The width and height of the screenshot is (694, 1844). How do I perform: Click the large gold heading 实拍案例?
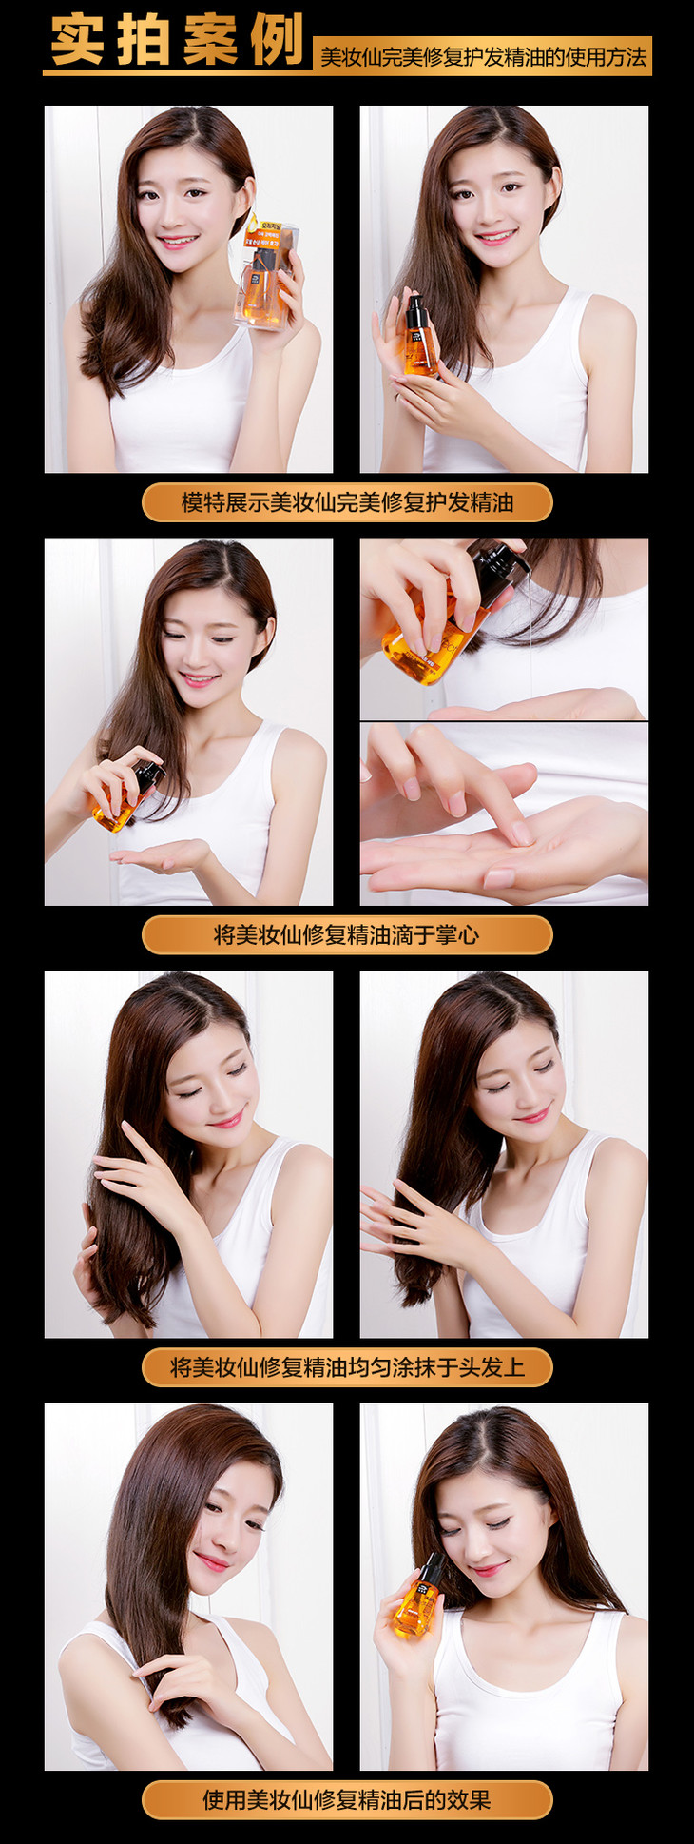[177, 40]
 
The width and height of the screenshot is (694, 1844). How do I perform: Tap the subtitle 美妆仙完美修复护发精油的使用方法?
[483, 57]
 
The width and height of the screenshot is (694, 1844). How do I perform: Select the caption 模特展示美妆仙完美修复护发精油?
[347, 501]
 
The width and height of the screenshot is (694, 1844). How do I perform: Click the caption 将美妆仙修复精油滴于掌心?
[346, 934]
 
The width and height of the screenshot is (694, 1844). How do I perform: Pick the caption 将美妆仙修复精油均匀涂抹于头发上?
[347, 1367]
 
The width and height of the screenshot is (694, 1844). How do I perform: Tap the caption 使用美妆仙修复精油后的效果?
[346, 1800]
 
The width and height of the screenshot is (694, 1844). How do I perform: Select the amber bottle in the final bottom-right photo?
[419, 1596]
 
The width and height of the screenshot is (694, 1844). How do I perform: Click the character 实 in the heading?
[81, 41]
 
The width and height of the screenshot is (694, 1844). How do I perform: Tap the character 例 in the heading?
[275, 41]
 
